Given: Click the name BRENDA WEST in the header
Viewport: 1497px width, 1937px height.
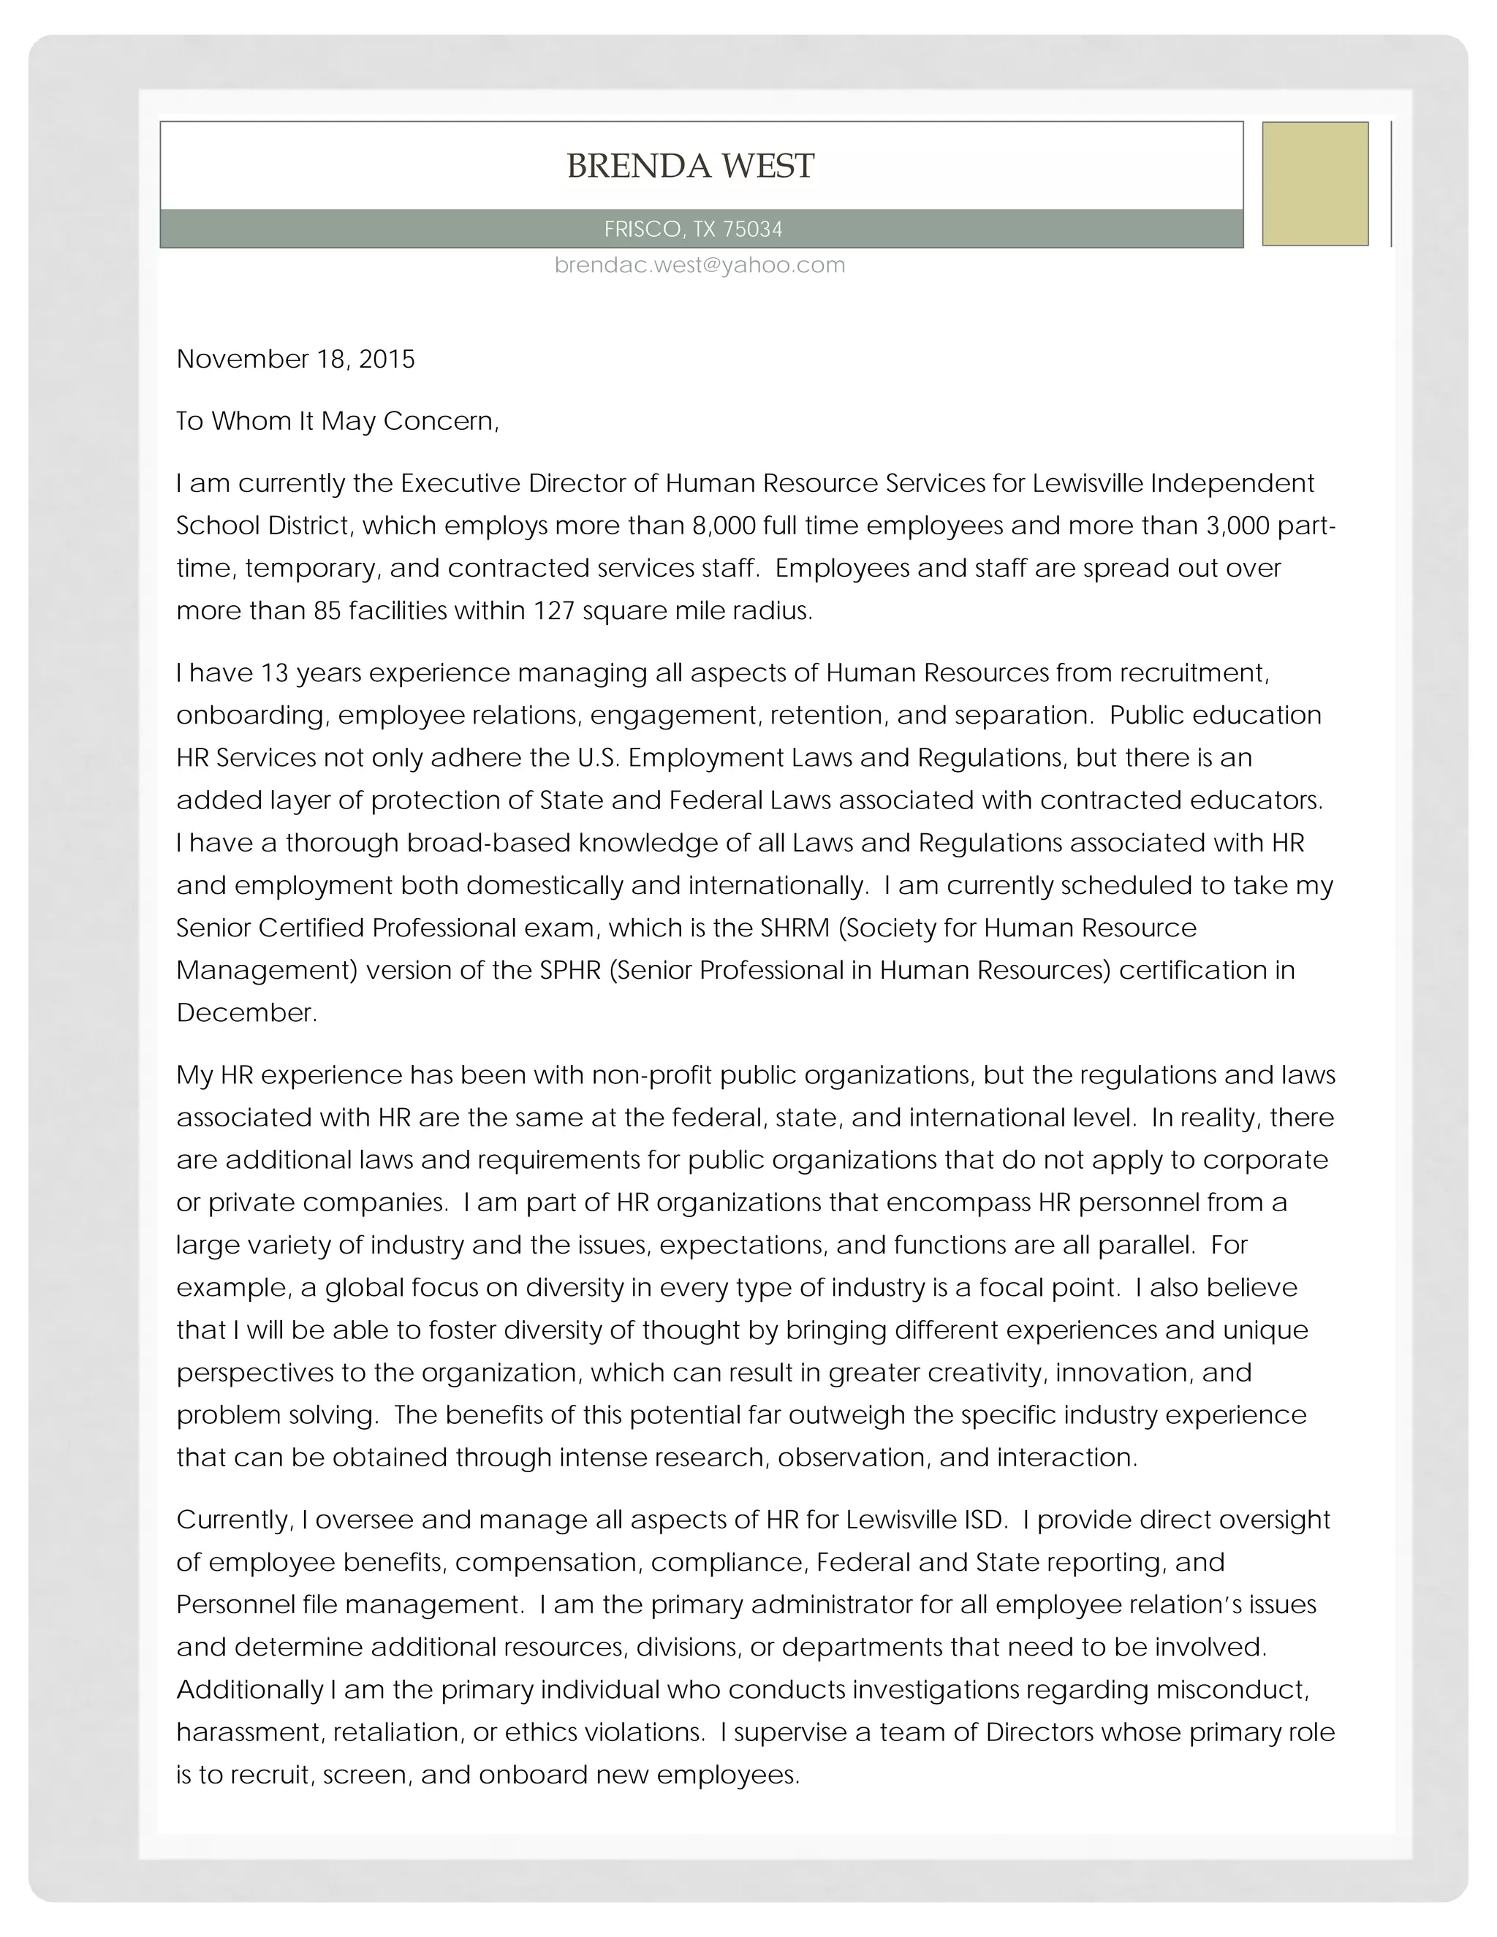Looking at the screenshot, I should [690, 166].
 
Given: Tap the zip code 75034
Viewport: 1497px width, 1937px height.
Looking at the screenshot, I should [753, 230].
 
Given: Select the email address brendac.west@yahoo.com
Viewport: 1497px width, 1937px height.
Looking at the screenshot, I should [700, 265].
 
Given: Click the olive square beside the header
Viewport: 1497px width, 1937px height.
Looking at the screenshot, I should [1314, 183].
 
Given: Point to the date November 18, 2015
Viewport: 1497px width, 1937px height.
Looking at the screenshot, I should [295, 359].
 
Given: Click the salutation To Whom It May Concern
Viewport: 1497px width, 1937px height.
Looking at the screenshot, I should [337, 420].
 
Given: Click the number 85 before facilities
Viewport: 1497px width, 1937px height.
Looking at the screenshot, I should [327, 611].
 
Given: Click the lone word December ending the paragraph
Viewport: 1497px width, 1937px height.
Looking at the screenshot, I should [246, 1013].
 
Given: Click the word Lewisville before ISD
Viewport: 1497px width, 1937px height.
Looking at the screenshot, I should [901, 1520].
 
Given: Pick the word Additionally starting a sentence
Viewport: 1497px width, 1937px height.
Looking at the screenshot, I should [250, 1689].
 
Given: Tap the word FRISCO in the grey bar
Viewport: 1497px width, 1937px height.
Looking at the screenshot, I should [642, 230].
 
